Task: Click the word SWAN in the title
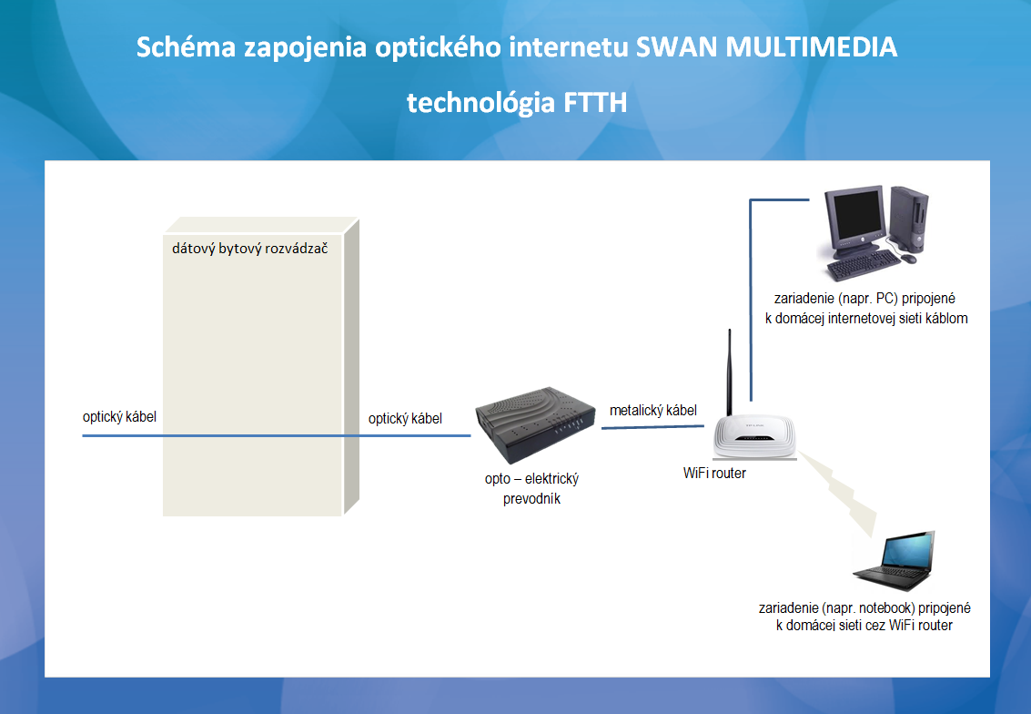(676, 46)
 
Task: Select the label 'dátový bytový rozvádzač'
(250, 248)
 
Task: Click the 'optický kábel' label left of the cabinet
(120, 416)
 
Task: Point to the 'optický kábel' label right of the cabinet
(405, 419)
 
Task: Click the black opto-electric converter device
(534, 423)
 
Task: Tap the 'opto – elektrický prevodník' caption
(532, 488)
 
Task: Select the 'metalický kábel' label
(653, 410)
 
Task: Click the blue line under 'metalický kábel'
(652, 427)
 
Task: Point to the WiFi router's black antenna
(729, 372)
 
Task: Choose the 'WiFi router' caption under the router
(714, 474)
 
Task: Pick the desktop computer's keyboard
(864, 264)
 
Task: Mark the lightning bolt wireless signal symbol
(838, 492)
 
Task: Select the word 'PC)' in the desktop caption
(887, 298)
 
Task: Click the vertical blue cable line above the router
(750, 300)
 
